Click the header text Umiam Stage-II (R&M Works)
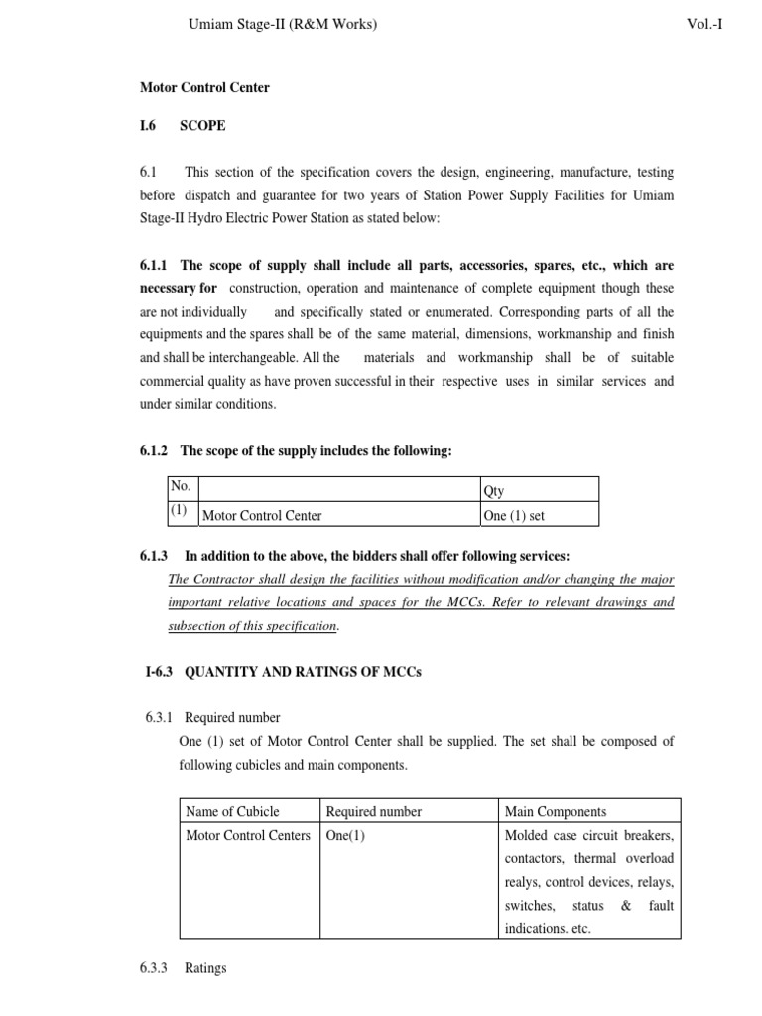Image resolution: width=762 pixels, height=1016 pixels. [x=282, y=24]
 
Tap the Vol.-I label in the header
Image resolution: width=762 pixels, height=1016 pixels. [x=703, y=24]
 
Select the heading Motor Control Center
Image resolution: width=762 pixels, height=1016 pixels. [x=204, y=88]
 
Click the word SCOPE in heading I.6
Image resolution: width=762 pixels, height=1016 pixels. [x=202, y=126]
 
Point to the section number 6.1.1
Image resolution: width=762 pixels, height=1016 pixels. [x=156, y=266]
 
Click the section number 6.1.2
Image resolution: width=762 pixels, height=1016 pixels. [x=156, y=451]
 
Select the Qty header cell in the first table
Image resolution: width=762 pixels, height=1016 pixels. [x=493, y=490]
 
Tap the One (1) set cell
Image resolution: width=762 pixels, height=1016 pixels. [x=514, y=515]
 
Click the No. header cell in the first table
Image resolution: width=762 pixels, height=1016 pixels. [x=181, y=487]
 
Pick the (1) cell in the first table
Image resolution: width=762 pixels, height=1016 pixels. [x=180, y=512]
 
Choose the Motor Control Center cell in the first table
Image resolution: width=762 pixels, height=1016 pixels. [x=262, y=515]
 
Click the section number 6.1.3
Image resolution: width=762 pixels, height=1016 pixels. [x=156, y=556]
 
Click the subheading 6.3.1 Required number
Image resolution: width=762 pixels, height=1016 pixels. [x=230, y=717]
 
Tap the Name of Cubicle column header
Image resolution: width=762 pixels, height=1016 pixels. [x=233, y=811]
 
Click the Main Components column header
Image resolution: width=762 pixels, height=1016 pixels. [x=556, y=811]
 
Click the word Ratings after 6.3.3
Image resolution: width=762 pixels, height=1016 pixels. [x=205, y=967]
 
